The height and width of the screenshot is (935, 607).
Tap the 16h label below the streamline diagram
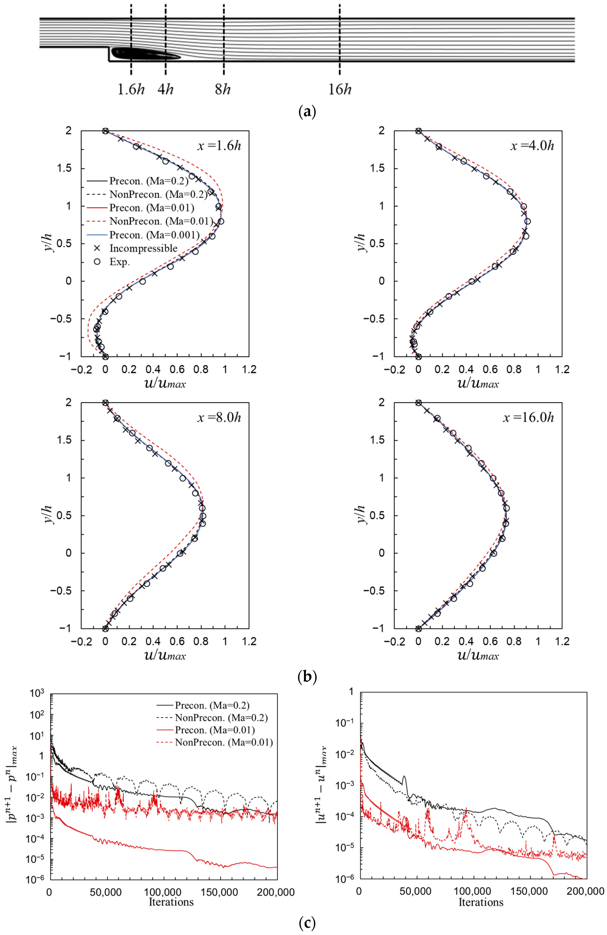coord(340,90)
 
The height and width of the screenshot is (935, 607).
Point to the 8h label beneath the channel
coord(222,90)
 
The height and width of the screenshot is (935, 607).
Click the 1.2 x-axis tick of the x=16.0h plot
coord(562,641)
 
